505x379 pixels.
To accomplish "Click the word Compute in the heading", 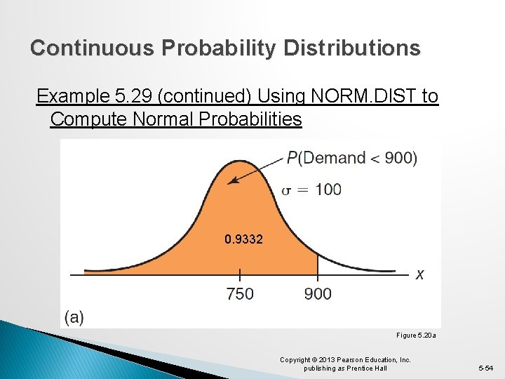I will [91, 119].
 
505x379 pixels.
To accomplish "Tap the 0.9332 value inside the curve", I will [244, 239].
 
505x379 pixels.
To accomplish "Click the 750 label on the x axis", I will [240, 293].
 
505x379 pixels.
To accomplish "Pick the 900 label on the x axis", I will [318, 293].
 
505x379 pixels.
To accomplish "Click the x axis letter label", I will [419, 274].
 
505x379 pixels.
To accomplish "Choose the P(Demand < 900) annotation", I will [351, 158].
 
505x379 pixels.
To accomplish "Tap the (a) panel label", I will [74, 317].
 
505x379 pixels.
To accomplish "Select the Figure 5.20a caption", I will [416, 336].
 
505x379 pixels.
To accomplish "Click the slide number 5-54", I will [485, 368].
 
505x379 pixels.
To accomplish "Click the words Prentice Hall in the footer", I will [370, 368].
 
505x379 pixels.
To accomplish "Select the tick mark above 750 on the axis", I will [240, 274].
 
